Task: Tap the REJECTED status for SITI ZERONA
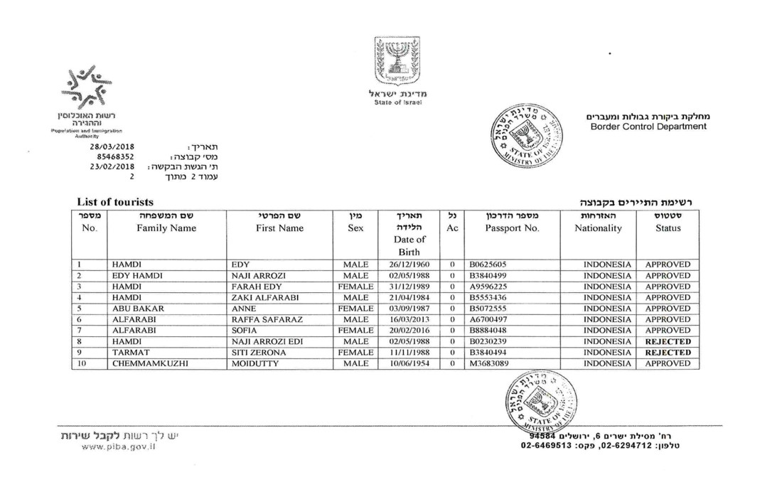668,352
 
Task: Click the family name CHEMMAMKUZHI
148,363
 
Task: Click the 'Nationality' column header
598,228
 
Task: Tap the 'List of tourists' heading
114,203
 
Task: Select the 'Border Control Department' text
648,127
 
